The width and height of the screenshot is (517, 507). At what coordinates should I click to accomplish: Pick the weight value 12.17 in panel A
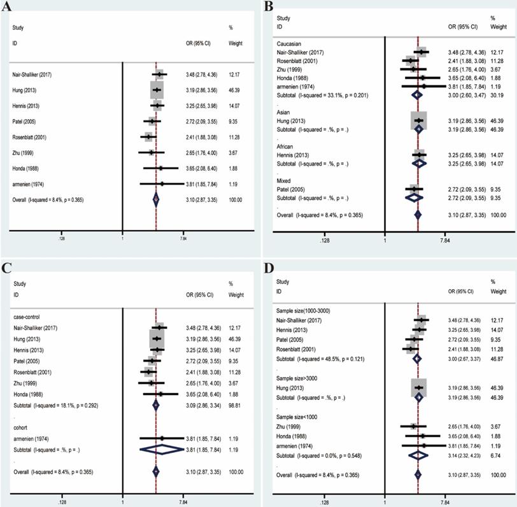235,75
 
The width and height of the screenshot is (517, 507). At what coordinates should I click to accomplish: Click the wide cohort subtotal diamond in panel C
161,449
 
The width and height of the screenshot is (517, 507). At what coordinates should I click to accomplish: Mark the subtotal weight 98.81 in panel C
235,404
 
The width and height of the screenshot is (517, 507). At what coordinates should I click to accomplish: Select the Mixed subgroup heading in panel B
283,180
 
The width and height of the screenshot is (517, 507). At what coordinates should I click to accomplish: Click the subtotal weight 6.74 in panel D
497,455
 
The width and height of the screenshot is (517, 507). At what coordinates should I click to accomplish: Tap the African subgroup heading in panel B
285,145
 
